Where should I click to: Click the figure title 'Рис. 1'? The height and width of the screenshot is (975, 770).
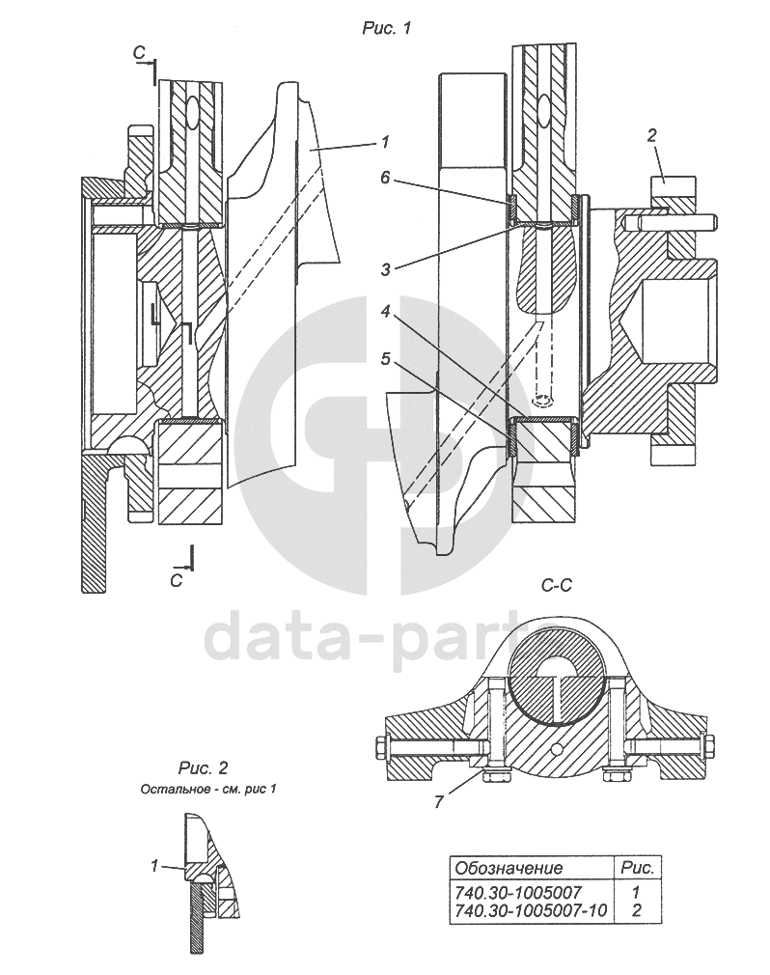coord(386,29)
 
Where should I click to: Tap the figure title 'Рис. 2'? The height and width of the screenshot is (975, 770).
coord(203,768)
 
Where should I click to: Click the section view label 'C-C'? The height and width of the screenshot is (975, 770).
coord(560,584)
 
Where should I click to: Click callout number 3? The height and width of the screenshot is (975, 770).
coord(385,265)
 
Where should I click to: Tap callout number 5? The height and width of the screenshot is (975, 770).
coord(385,358)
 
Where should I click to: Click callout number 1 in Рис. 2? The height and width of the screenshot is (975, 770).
coord(153,866)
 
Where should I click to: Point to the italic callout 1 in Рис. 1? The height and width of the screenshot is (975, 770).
coord(384,142)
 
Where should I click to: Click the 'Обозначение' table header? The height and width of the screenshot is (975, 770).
coord(509,868)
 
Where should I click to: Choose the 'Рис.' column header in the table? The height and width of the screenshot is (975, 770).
coord(636,868)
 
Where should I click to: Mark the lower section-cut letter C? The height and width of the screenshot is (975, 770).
coord(176,579)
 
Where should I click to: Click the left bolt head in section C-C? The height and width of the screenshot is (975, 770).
coord(376,746)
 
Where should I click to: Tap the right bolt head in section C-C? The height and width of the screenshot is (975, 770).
coord(709,746)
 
